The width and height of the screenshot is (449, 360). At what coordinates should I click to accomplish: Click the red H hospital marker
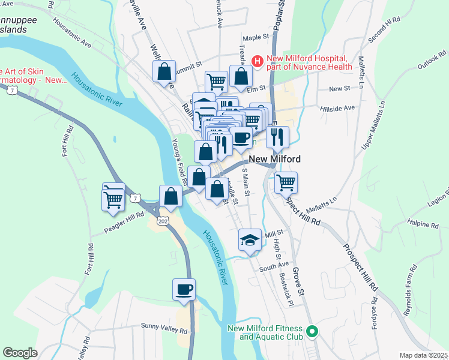coord(258,61)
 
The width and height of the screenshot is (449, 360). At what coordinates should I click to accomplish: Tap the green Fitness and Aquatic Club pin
coord(312,331)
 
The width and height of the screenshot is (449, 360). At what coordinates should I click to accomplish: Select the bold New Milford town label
coord(274,160)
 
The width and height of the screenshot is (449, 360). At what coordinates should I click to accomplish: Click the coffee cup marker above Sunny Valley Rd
coord(184,290)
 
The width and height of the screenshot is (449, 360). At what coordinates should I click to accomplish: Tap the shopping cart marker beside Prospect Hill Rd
coord(286,182)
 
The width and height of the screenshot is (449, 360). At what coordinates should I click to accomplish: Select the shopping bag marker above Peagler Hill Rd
coord(170,196)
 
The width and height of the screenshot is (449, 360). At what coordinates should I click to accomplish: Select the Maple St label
coord(256,37)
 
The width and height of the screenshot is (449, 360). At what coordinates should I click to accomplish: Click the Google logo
coord(20,352)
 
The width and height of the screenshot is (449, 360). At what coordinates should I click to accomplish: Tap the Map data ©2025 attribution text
coord(423,355)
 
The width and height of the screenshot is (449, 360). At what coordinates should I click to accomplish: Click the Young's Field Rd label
coord(177,159)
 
